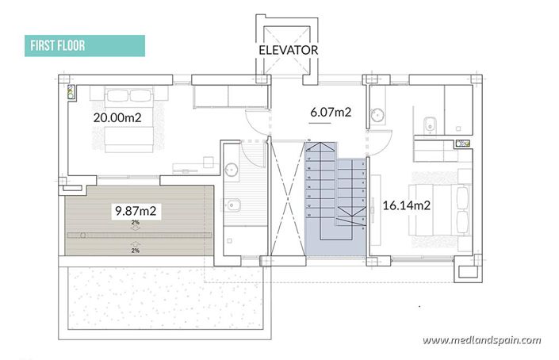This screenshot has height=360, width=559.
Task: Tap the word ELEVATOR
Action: click(x=288, y=49)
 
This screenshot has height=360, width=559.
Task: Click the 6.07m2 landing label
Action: click(x=331, y=112)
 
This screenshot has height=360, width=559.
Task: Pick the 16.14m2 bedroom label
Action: click(x=406, y=205)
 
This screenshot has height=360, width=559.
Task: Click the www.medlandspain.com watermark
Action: click(x=482, y=340)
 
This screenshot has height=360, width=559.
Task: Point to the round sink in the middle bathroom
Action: click(x=232, y=169)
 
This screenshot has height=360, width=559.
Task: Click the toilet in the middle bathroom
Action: click(x=234, y=209)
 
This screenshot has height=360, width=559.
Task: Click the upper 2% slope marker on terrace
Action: click(x=136, y=224)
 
